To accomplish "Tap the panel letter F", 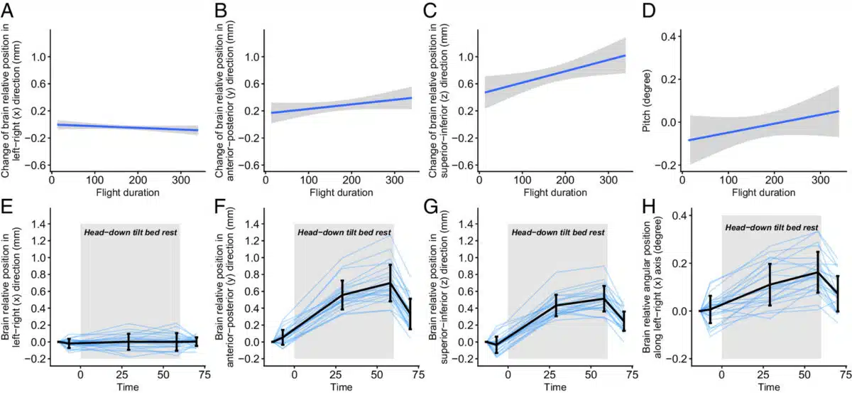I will pyautogui.click(x=220, y=209).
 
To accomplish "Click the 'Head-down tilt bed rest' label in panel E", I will pyautogui.click(x=130, y=232).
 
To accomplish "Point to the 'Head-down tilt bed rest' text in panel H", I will pyautogui.click(x=771, y=227).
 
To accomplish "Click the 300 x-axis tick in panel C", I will pyautogui.click(x=608, y=181).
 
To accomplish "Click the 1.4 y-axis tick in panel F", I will pyautogui.click(x=251, y=224).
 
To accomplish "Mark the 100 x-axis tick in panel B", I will pyautogui.click(x=307, y=181).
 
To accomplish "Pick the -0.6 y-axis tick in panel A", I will pyautogui.click(x=35, y=166).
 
